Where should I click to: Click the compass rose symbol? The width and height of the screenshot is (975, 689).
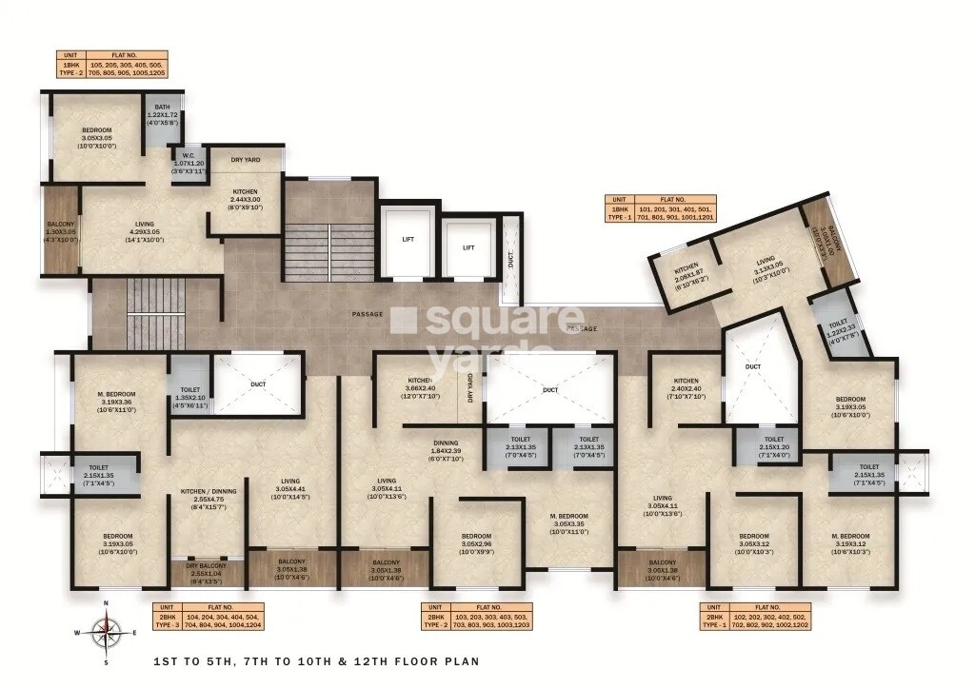107,629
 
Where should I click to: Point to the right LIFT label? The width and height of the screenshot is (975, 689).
468,246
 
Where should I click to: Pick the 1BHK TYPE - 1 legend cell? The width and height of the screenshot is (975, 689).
620,212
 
